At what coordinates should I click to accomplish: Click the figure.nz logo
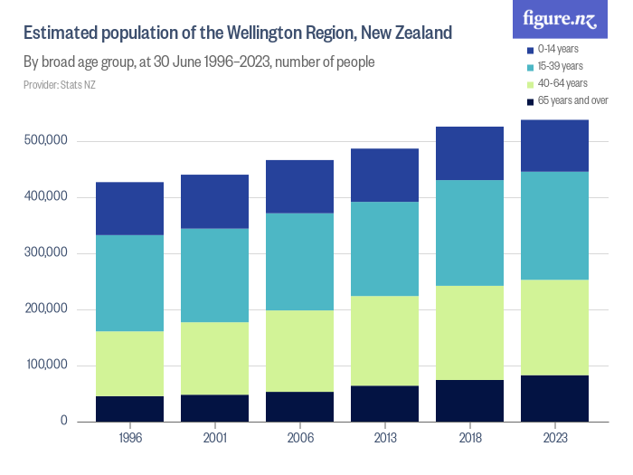point(561,19)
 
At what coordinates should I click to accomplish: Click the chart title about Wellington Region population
point(237,34)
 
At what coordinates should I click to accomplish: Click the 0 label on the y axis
point(63,422)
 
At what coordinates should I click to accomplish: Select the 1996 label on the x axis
point(129,437)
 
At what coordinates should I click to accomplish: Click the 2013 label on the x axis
point(384,437)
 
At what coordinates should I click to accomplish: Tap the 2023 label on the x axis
point(554,437)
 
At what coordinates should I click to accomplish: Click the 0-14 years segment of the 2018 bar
point(469,153)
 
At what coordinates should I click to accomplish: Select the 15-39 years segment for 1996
point(129,282)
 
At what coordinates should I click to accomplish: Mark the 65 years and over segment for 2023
point(554,398)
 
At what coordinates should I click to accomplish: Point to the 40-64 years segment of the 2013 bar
point(384,340)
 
